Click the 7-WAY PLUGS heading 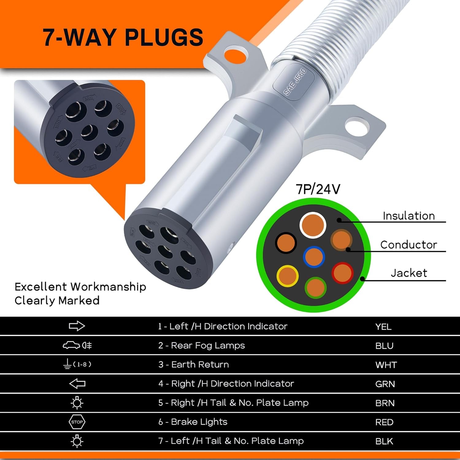click(x=123, y=37)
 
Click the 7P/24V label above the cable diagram click(x=318, y=189)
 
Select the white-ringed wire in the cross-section click(x=312, y=225)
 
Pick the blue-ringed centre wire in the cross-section click(x=314, y=257)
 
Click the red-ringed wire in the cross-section click(x=342, y=273)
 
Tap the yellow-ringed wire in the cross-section click(x=287, y=276)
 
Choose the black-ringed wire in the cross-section click(x=286, y=243)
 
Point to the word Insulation click(x=409, y=216)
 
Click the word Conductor click(x=408, y=245)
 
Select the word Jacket click(x=409, y=273)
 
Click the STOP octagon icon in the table click(x=77, y=422)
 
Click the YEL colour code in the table click(x=383, y=327)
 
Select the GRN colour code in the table click(x=385, y=384)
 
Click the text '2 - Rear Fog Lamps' click(x=201, y=346)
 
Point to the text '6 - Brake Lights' click(x=193, y=422)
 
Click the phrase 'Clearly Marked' click(x=57, y=301)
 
